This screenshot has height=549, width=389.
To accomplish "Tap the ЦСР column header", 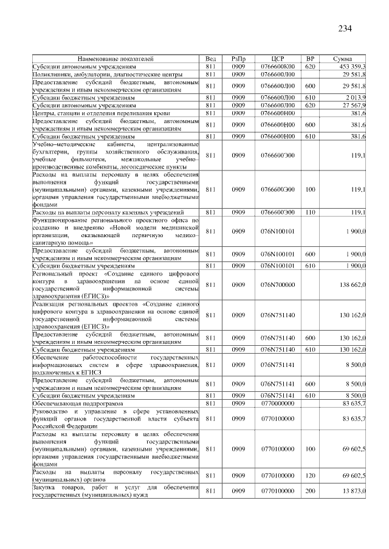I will [x=277, y=59].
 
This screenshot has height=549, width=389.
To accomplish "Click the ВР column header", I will [x=310, y=59].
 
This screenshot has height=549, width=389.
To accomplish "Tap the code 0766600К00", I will [x=277, y=66].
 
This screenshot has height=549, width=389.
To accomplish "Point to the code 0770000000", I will [x=277, y=403].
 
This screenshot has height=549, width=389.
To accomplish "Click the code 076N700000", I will [x=277, y=284].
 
